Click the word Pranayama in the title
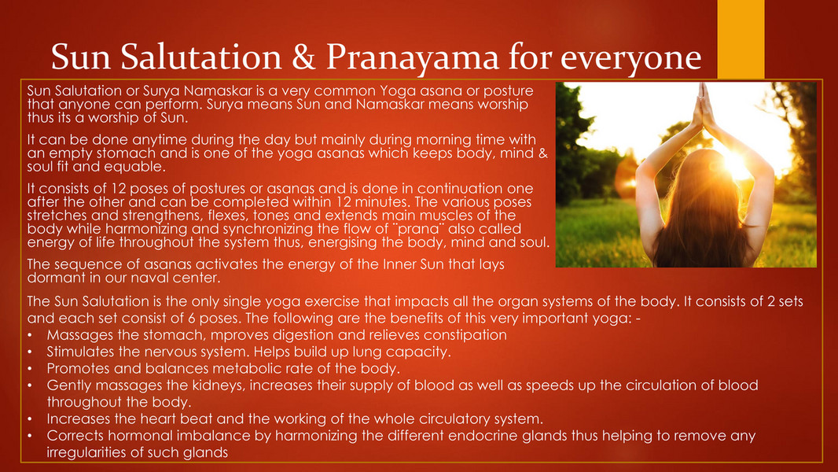pyautogui.click(x=412, y=57)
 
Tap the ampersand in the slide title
pyautogui.click(x=303, y=56)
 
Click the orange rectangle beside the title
pyautogui.click(x=741, y=39)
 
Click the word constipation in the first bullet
pyautogui.click(x=465, y=335)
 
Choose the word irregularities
pyautogui.click(x=86, y=453)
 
